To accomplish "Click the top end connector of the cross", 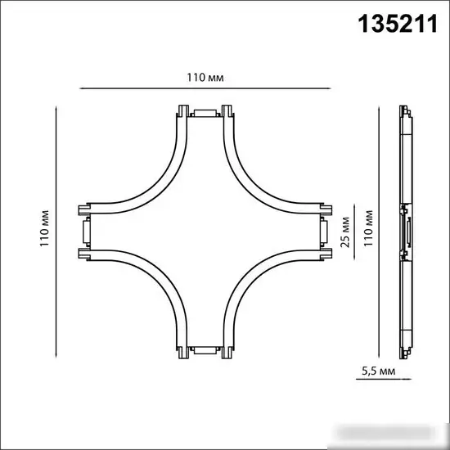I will pyautogui.click(x=205, y=112).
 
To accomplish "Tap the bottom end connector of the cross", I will pyautogui.click(x=205, y=351).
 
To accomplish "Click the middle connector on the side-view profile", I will pyautogui.click(x=404, y=231).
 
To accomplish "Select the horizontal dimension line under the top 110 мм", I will pyautogui.click(x=205, y=88).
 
